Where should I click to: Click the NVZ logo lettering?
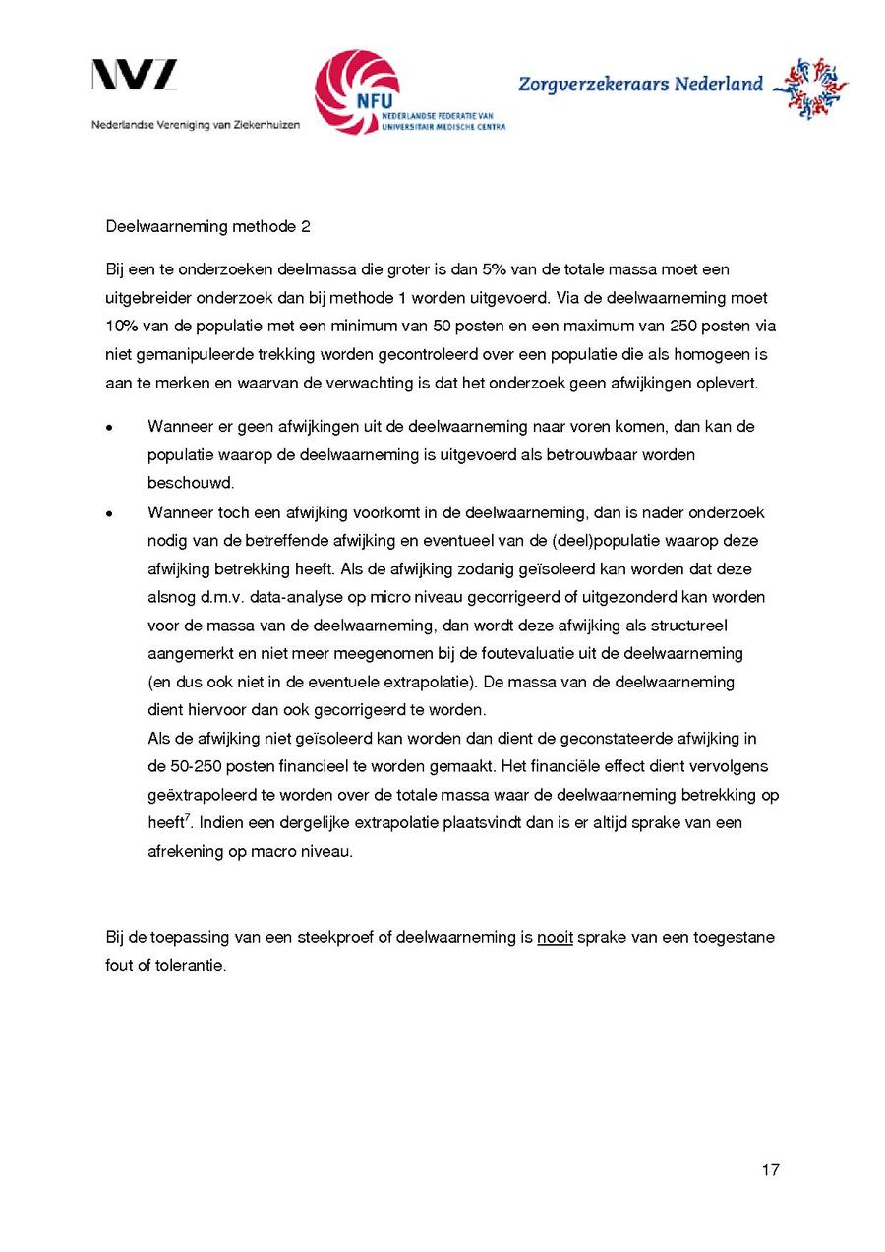tap(135, 76)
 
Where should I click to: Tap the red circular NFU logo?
tap(357, 91)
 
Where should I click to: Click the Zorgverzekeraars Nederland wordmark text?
tap(640, 85)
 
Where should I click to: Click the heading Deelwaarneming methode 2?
tap(208, 227)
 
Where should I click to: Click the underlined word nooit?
tap(555, 937)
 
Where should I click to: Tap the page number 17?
tap(770, 1170)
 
